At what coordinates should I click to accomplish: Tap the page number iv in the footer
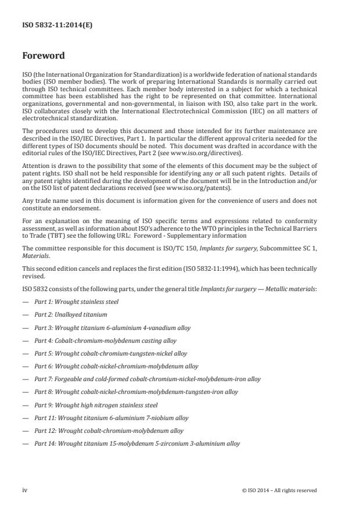point(25,490)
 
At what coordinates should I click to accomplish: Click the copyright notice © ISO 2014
point(279,490)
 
